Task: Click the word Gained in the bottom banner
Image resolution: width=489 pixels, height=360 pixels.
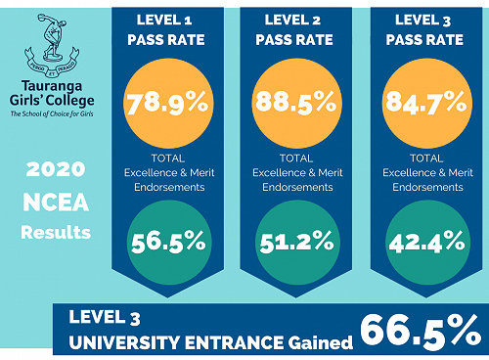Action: pos(314,341)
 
